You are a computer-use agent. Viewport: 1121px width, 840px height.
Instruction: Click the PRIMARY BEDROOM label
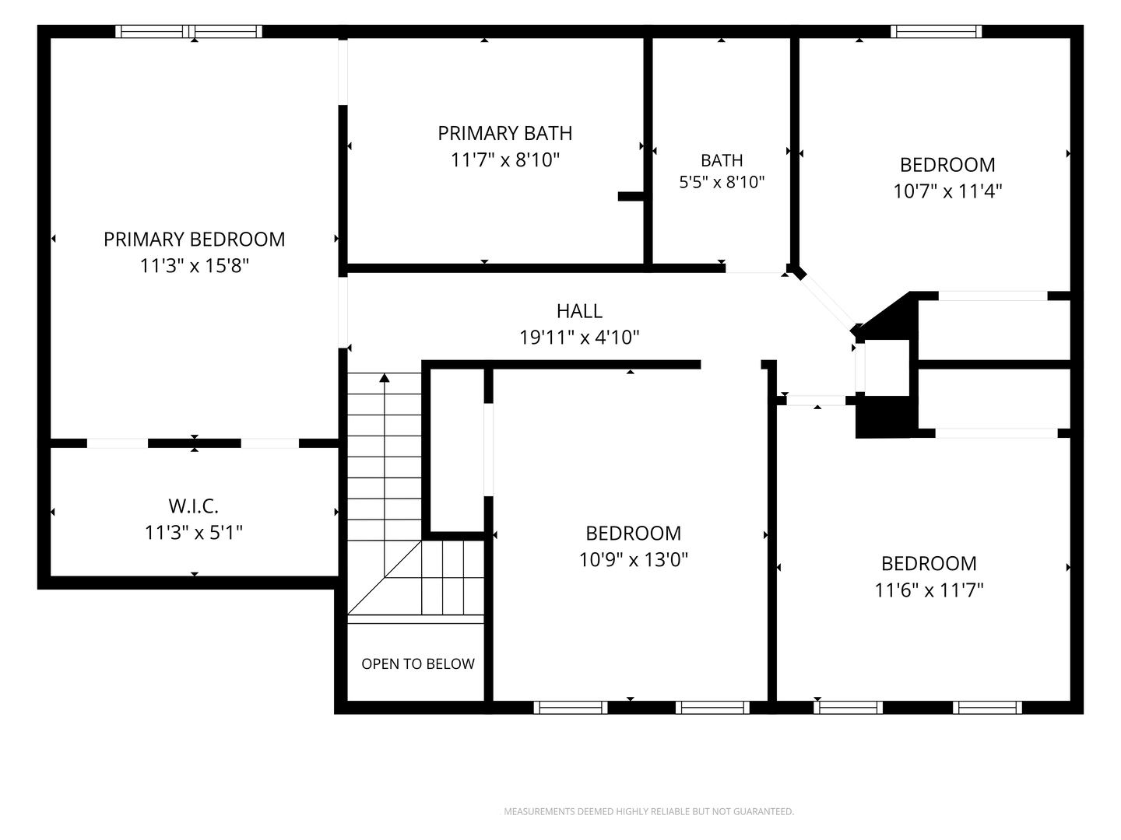(x=194, y=240)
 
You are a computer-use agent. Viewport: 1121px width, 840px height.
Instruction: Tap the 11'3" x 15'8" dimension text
(x=194, y=266)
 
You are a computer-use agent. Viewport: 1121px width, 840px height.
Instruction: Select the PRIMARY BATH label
(x=504, y=133)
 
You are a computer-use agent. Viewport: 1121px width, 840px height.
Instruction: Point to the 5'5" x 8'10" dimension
(x=722, y=182)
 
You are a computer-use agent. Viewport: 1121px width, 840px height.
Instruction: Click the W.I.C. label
(x=194, y=506)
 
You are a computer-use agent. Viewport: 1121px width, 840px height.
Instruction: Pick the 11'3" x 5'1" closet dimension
(x=194, y=533)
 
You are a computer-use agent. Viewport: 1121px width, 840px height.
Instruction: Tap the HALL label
(x=579, y=310)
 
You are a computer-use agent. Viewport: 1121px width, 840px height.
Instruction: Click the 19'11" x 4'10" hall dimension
(x=579, y=337)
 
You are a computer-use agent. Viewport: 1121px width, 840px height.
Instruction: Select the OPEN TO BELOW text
(x=418, y=663)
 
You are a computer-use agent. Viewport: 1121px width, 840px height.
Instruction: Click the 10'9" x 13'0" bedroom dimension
(x=633, y=559)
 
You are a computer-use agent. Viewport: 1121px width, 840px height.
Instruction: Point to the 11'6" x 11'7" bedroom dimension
(x=929, y=590)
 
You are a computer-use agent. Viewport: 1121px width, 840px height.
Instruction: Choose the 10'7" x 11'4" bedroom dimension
(x=947, y=191)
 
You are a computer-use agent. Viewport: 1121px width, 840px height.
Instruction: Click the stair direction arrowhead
(x=385, y=377)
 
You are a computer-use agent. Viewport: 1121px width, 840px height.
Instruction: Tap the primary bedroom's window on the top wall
(x=188, y=32)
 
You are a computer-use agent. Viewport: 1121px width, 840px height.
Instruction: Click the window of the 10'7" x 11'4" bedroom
(x=937, y=32)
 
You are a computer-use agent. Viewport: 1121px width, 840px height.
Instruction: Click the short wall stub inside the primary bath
(x=631, y=196)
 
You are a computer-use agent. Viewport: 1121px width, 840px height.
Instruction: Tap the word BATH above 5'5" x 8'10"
(x=722, y=161)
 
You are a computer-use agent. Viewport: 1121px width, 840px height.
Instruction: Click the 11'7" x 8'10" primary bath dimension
(x=504, y=159)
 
